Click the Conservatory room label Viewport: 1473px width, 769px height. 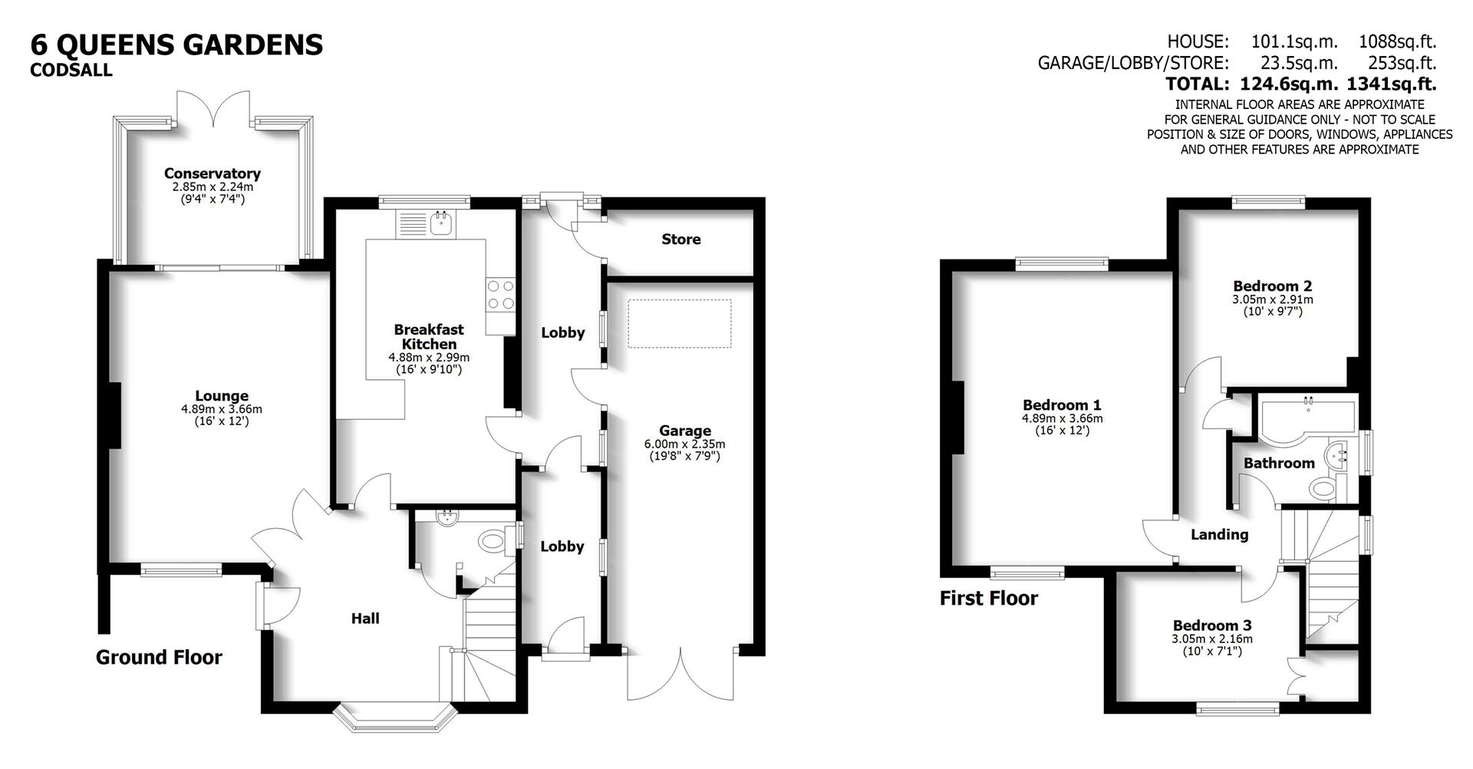tap(212, 174)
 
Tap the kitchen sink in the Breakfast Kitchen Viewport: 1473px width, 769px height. tap(441, 224)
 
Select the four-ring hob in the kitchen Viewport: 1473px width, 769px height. tap(499, 295)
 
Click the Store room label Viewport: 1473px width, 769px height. tap(680, 239)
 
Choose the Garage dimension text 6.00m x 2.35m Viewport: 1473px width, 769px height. tap(684, 444)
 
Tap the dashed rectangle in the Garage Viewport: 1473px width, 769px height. tap(679, 323)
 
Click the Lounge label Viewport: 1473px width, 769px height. tap(222, 396)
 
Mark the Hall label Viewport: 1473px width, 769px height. tap(365, 619)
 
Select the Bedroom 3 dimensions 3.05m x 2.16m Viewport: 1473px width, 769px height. tap(1211, 639)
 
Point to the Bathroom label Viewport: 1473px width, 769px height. tap(1279, 463)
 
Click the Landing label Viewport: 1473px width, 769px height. tap(1219, 535)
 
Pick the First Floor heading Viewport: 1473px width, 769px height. tap(988, 599)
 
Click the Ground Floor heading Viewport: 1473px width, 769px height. tap(159, 658)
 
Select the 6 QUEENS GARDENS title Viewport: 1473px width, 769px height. tap(176, 45)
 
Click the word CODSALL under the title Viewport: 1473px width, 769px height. tap(71, 71)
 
